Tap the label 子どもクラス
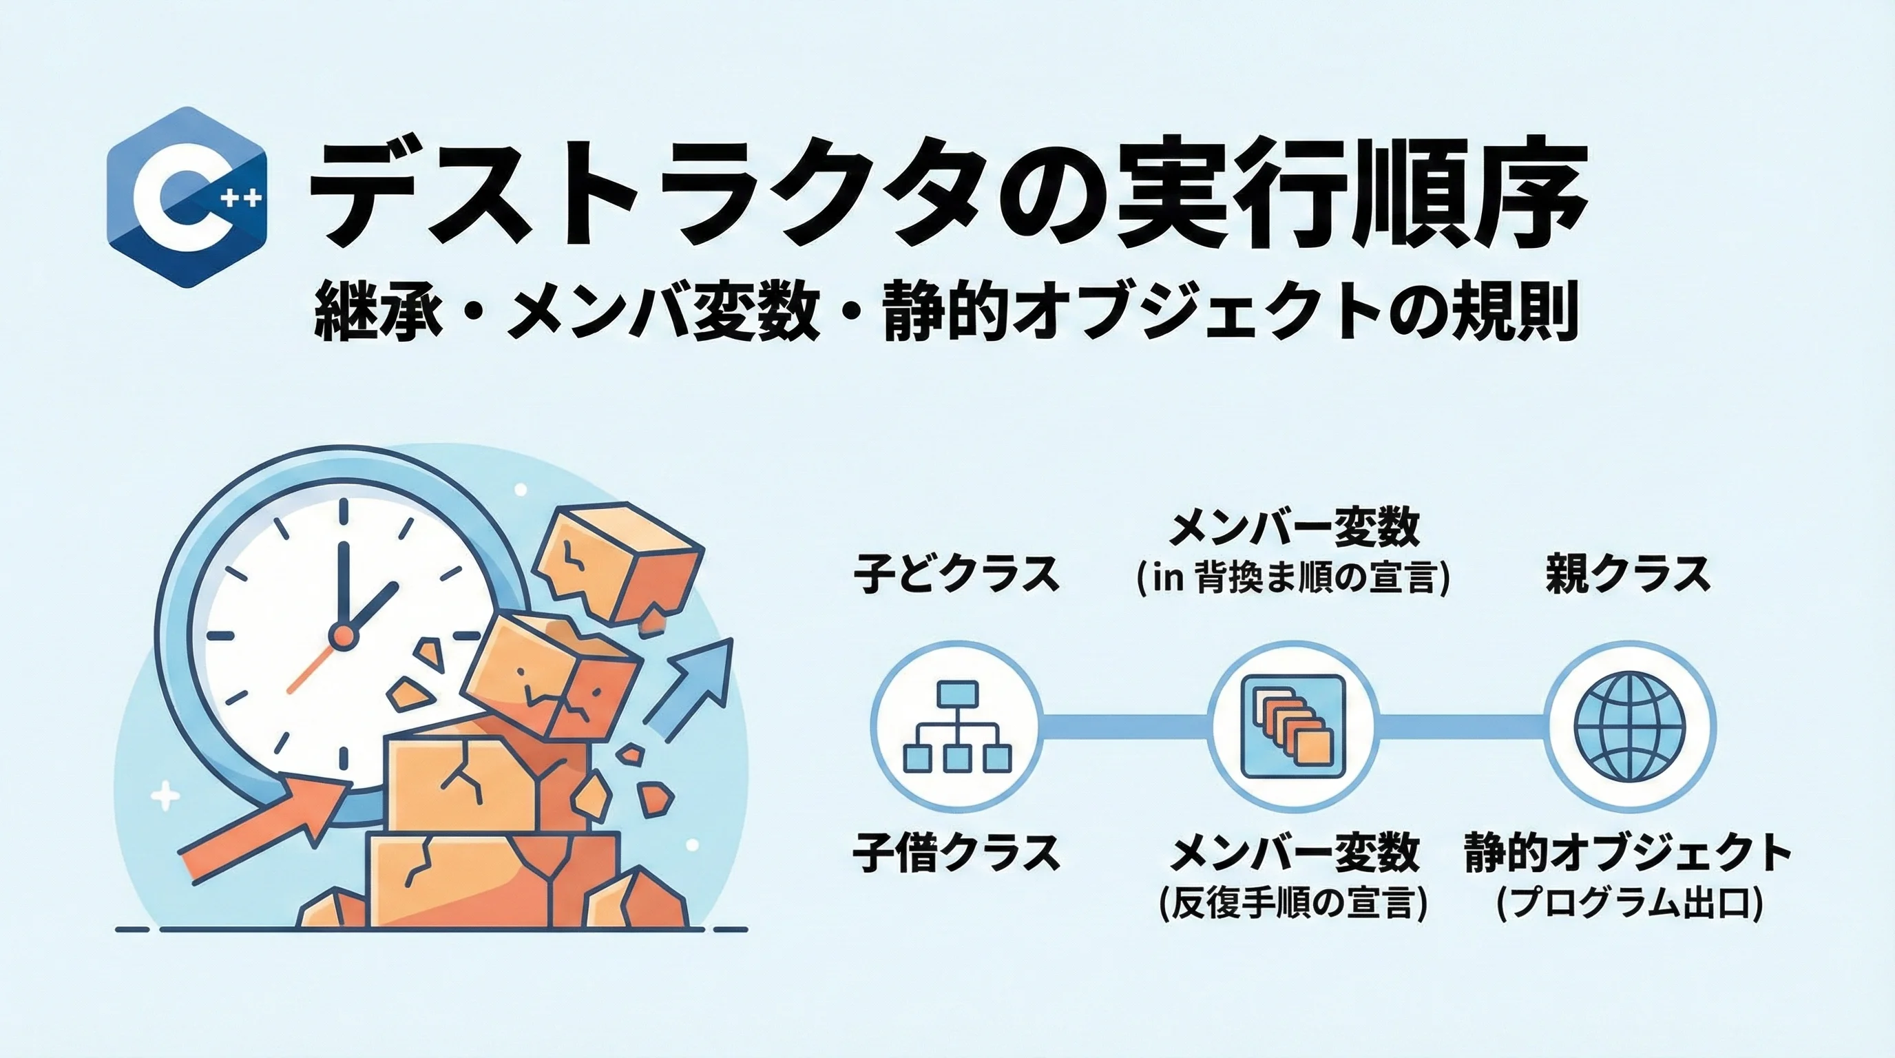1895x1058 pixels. [956, 573]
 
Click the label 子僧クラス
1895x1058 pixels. [956, 852]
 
